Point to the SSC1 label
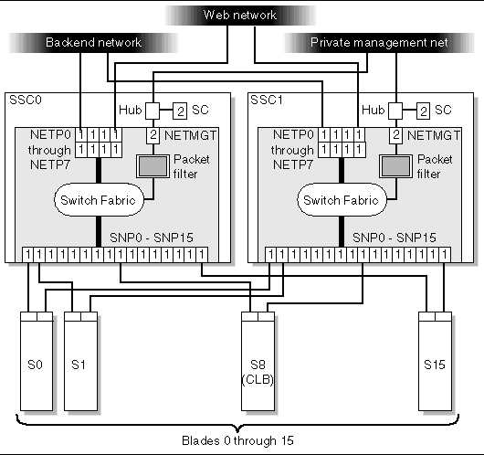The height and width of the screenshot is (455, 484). (x=268, y=99)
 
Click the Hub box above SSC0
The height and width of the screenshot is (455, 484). (x=153, y=111)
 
